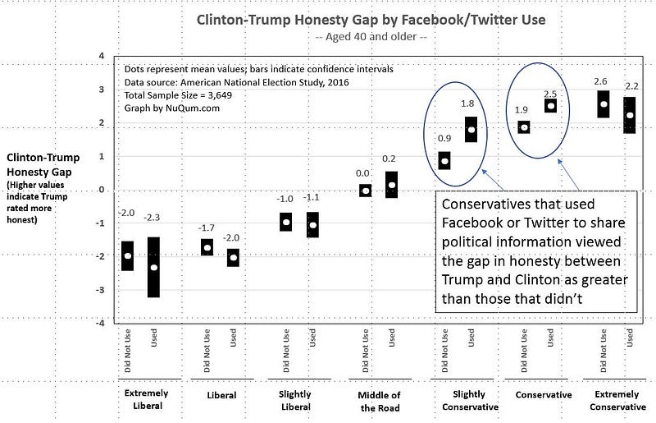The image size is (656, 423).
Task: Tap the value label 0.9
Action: [x=444, y=139]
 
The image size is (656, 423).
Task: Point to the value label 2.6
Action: [x=600, y=81]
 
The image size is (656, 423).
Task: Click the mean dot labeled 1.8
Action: [x=471, y=130]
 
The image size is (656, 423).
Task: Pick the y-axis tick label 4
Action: [x=101, y=56]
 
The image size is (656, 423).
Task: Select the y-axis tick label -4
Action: [x=100, y=324]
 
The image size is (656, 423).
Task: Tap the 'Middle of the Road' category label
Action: [x=377, y=400]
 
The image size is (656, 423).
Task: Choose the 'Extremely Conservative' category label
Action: [x=618, y=400]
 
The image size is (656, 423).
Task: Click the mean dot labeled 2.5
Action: [x=551, y=105]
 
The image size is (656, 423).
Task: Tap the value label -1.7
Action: [x=207, y=228]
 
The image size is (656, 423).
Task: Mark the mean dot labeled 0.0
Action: [x=366, y=191]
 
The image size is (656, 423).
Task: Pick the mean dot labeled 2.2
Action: [x=630, y=116]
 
